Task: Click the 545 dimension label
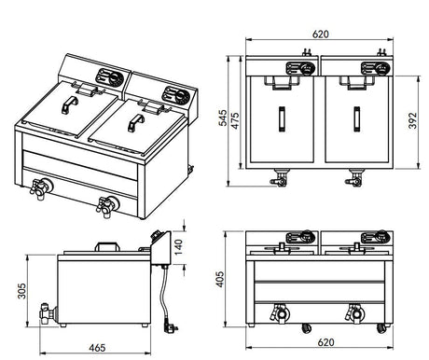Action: coord(223,118)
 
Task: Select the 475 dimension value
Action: coord(235,120)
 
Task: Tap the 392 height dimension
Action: coord(412,120)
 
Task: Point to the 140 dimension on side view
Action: coord(178,247)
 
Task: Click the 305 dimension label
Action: coord(21,291)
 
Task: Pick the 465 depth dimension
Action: coord(97,348)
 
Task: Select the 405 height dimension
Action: coord(219,279)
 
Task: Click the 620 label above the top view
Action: coord(320,34)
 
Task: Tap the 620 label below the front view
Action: coord(325,342)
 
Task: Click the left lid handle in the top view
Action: coord(282,119)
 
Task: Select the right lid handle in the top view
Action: coord(356,119)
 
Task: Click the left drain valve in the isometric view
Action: coord(41,187)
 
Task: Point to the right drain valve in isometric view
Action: coord(107,207)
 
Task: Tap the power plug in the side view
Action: coord(171,325)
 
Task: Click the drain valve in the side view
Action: coord(48,313)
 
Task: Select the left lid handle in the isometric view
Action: coord(70,104)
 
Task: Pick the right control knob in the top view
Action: coord(381,69)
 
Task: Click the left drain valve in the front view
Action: coord(281,313)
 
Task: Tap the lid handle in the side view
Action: coord(107,247)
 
